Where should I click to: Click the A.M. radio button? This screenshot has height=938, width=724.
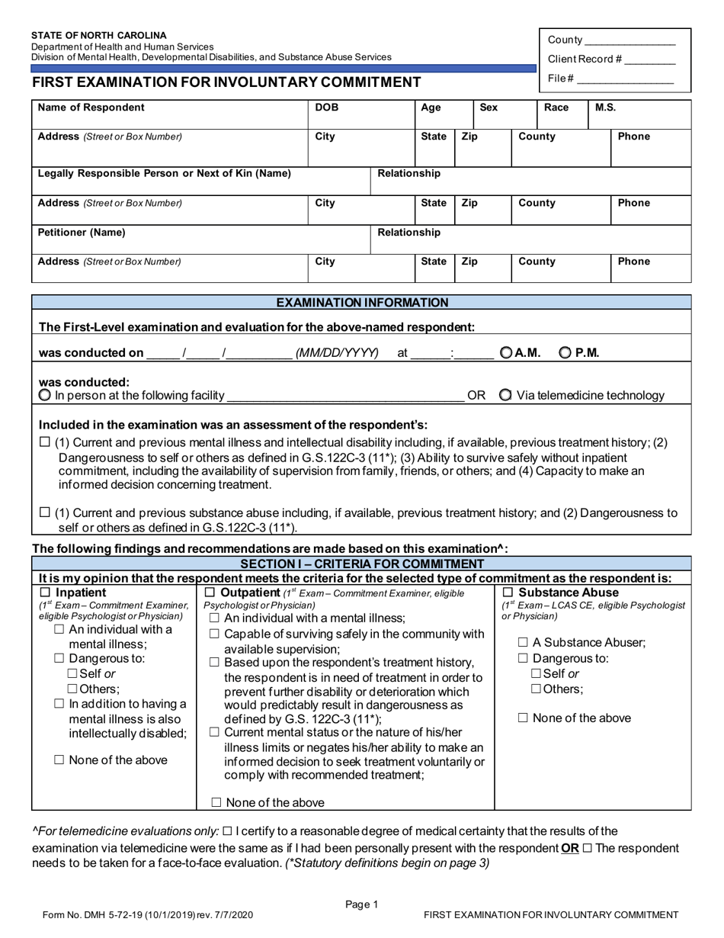click(507, 352)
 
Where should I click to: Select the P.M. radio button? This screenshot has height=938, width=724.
click(565, 352)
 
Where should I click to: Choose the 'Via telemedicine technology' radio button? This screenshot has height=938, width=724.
click(505, 395)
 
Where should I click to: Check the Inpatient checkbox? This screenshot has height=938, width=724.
click(45, 593)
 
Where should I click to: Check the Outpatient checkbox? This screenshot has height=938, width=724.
click(210, 593)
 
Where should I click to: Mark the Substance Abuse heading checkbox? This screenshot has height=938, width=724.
click(508, 593)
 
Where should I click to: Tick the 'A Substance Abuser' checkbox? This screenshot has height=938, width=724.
click(524, 642)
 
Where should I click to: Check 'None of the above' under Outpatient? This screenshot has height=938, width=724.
click(216, 802)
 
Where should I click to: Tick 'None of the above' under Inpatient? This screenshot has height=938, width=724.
click(59, 760)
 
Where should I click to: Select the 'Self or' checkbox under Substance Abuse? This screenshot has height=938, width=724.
click(537, 673)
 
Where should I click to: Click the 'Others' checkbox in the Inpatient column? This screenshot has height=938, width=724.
click(73, 689)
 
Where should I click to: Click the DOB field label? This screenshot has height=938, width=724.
click(327, 108)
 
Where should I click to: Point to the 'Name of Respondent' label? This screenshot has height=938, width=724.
click(91, 108)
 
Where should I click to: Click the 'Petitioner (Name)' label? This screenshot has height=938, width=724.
click(82, 232)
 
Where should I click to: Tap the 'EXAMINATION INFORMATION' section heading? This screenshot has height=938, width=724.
click(362, 303)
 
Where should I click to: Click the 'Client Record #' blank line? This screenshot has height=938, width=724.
click(652, 60)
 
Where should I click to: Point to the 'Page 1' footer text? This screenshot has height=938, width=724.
click(362, 904)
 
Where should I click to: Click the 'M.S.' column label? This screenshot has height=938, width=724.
click(605, 108)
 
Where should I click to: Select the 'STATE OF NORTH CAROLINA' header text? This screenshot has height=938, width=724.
click(98, 35)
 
